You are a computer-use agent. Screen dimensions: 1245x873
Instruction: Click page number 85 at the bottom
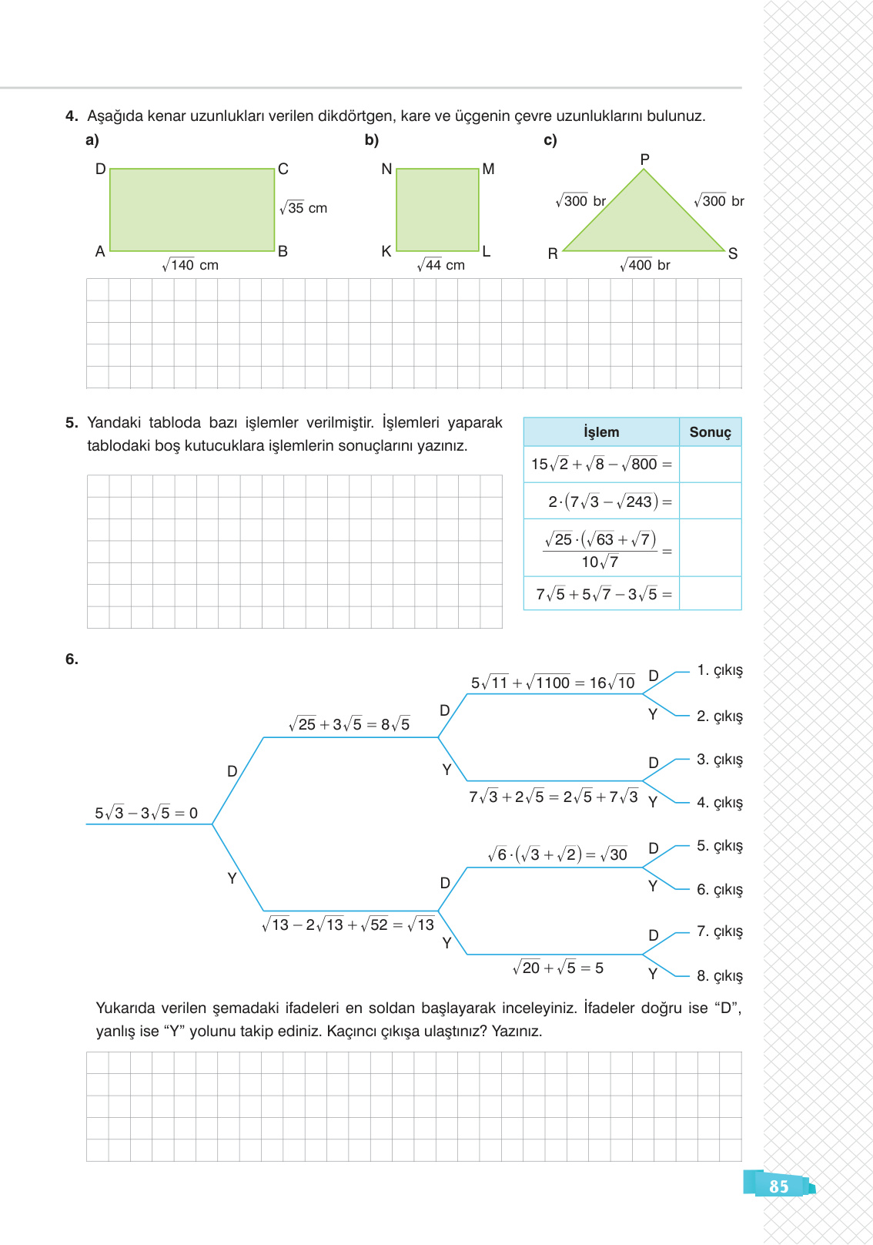(x=778, y=1186)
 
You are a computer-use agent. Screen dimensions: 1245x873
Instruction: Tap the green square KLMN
(x=437, y=210)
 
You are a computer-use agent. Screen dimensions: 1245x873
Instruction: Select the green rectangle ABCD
(x=192, y=210)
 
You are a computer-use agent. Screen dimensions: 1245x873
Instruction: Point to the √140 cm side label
(x=190, y=265)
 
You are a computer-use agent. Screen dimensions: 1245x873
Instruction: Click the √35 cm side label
(x=303, y=208)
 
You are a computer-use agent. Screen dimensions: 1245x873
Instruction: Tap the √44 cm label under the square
(x=441, y=265)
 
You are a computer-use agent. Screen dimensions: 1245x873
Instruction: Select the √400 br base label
(x=645, y=265)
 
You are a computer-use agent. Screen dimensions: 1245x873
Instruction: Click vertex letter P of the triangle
(x=644, y=159)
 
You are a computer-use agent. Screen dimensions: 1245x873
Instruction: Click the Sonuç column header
(x=710, y=432)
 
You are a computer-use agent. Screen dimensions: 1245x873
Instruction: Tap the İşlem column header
(x=601, y=432)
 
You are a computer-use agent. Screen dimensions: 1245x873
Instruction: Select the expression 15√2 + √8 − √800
(x=601, y=464)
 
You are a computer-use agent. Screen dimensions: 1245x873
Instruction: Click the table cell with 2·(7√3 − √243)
(x=601, y=502)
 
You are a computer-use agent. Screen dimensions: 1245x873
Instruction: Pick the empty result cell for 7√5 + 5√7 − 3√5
(x=710, y=594)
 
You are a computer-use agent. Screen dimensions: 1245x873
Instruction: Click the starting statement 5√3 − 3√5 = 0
(x=146, y=813)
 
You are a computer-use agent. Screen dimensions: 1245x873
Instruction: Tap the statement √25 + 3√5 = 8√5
(x=349, y=724)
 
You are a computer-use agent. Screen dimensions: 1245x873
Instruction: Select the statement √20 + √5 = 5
(x=558, y=968)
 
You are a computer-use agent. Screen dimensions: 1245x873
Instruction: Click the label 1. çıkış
(x=719, y=670)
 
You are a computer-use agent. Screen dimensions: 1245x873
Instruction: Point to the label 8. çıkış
(x=719, y=976)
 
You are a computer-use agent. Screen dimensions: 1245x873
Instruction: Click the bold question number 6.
(x=72, y=659)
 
